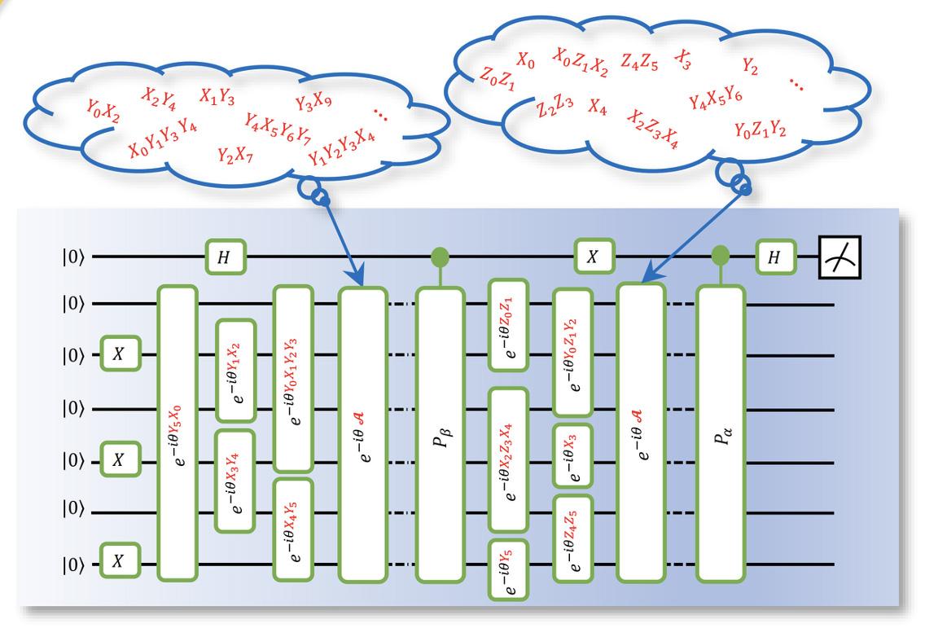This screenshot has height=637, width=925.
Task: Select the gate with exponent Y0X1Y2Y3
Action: (294, 378)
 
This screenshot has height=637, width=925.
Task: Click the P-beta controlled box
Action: (441, 433)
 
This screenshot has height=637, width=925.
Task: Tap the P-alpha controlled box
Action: (721, 433)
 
